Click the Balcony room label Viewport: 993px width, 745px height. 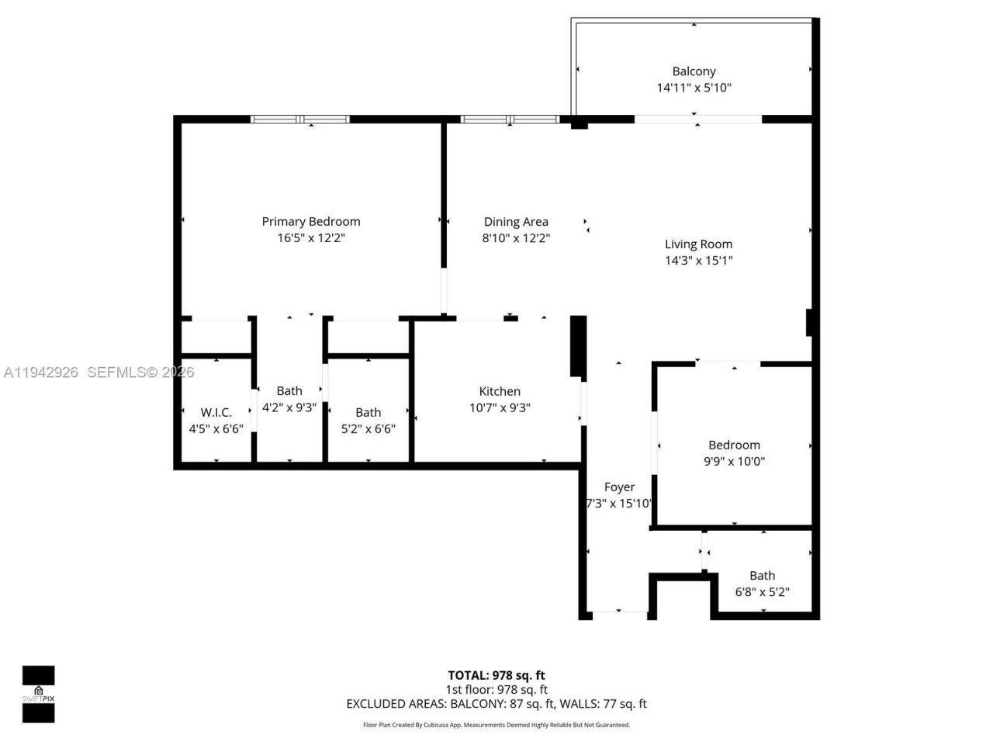click(x=694, y=71)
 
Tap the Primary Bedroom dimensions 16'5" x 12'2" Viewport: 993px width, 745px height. click(x=310, y=238)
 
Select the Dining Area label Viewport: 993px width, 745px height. click(x=516, y=222)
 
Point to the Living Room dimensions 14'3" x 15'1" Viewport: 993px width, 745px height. click(x=698, y=261)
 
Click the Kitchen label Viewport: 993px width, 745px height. click(x=500, y=391)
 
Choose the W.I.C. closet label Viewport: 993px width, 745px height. click(x=216, y=412)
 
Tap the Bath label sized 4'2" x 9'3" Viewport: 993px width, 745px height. click(x=289, y=391)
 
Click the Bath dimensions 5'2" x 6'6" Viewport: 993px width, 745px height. click(x=368, y=428)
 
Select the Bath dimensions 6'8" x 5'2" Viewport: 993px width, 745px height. click(x=762, y=592)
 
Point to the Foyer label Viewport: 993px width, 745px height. click(x=619, y=487)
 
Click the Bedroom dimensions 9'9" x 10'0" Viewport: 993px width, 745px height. click(x=734, y=461)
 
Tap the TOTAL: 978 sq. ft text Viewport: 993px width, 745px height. click(x=496, y=675)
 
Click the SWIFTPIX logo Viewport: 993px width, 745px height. click(x=38, y=694)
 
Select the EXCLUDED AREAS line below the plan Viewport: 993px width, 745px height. click(x=496, y=704)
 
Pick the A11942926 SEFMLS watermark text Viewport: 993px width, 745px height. click(x=99, y=372)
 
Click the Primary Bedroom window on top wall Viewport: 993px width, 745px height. click(x=300, y=120)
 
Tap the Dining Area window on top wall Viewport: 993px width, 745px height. click(x=510, y=120)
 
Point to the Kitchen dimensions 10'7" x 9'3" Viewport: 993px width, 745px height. click(x=500, y=407)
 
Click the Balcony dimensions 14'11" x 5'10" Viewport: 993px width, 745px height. click(x=694, y=88)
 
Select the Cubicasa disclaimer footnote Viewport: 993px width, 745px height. click(x=496, y=725)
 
